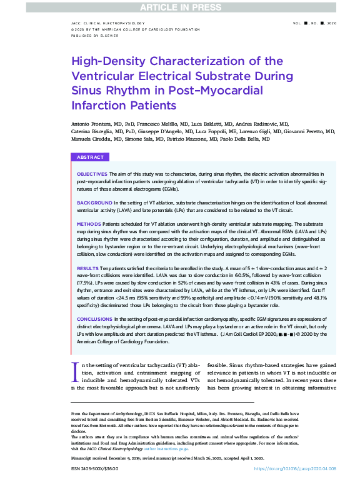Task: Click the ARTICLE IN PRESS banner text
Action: (x=180, y=8)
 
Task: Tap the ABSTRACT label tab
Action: (x=91, y=157)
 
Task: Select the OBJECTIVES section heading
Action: (x=91, y=173)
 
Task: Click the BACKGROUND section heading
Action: (x=94, y=203)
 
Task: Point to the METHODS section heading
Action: (x=89, y=223)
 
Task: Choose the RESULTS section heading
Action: (x=87, y=268)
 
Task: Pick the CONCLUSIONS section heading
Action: (x=94, y=318)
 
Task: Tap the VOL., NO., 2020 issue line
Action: (x=314, y=23)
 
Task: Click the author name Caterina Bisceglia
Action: (x=95, y=131)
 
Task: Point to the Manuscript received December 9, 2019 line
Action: (x=112, y=458)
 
